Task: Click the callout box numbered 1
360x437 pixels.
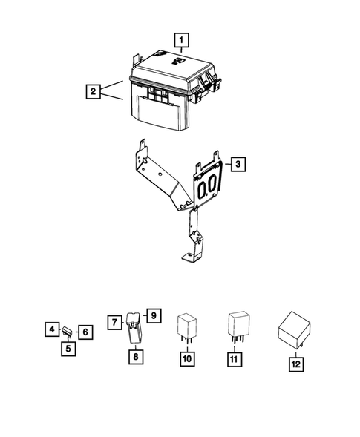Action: (x=181, y=38)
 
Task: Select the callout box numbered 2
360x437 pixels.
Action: (x=94, y=92)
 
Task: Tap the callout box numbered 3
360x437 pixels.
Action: (x=236, y=164)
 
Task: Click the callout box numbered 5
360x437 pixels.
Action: (x=67, y=347)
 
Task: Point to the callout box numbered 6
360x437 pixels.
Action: (x=85, y=332)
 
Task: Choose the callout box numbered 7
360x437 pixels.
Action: (x=115, y=323)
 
